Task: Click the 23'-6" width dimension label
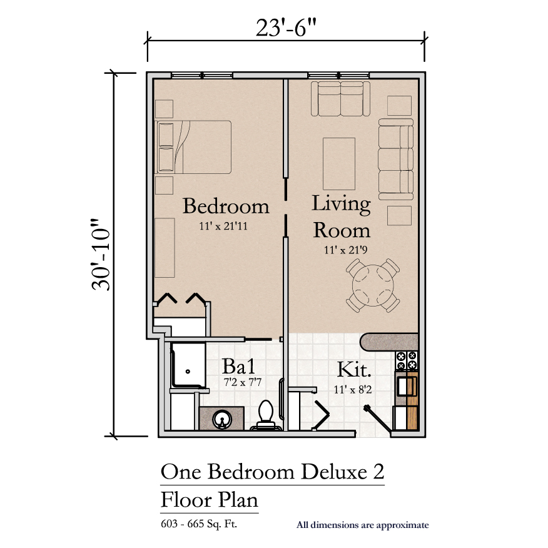pyautogui.click(x=286, y=28)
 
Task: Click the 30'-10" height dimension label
pyautogui.click(x=101, y=255)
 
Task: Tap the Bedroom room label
pyautogui.click(x=226, y=206)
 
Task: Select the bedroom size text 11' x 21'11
pyautogui.click(x=223, y=226)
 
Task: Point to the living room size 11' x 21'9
pyautogui.click(x=345, y=250)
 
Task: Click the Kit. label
pyautogui.click(x=353, y=370)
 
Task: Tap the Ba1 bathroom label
pyautogui.click(x=239, y=366)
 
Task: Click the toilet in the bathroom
pyautogui.click(x=266, y=415)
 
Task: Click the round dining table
pyautogui.click(x=373, y=285)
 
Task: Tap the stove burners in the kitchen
pyautogui.click(x=407, y=361)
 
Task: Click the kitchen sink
pyautogui.click(x=407, y=387)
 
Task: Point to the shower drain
pyautogui.click(x=188, y=372)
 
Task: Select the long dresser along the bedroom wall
pyautogui.click(x=165, y=248)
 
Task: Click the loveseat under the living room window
pyautogui.click(x=340, y=99)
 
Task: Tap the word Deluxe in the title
pyautogui.click(x=334, y=472)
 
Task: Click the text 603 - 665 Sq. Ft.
pyautogui.click(x=199, y=524)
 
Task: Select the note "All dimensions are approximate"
pyautogui.click(x=362, y=525)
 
